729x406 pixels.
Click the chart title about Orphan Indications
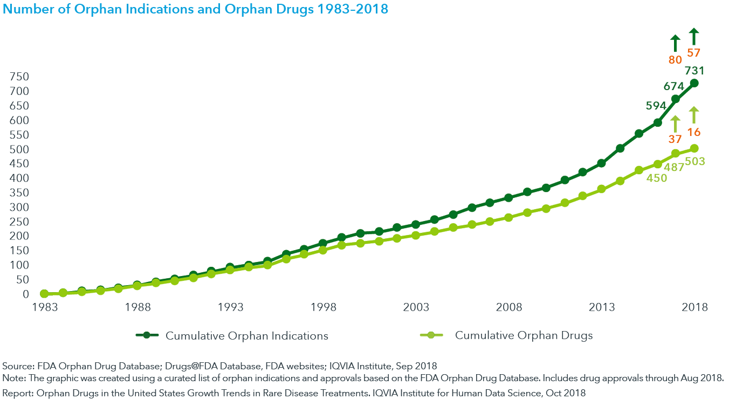tap(196, 9)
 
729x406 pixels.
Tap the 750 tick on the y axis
tap(19, 77)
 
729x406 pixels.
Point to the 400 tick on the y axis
tap(19, 178)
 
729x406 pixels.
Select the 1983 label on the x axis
tap(44, 307)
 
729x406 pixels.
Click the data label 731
tap(694, 70)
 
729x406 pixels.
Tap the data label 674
tap(673, 86)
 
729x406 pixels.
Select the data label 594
tap(656, 106)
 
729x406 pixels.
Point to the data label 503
tap(695, 161)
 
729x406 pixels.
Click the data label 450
tap(657, 177)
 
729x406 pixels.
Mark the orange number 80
tap(675, 60)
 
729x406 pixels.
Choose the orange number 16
tap(693, 132)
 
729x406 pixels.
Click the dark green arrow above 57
tap(694, 37)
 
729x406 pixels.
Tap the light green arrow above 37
tap(675, 123)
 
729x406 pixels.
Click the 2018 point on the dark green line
tap(694, 83)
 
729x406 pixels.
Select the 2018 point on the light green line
tap(694, 148)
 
